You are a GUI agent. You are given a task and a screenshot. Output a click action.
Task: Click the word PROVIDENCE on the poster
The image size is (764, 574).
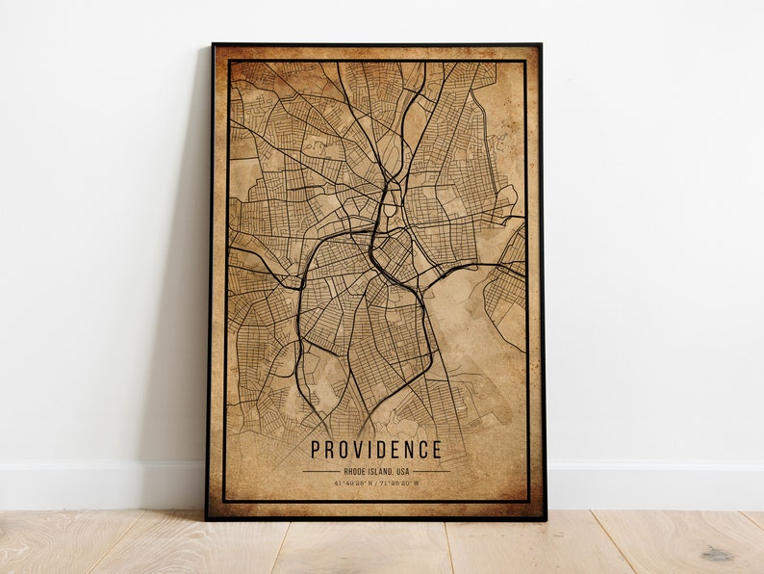376,450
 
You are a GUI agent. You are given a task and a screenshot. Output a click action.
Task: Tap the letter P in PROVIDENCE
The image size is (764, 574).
316,450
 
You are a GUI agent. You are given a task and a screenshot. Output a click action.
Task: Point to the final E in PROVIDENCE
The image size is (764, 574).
437,450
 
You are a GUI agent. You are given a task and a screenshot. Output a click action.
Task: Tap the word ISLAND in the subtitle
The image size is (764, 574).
381,472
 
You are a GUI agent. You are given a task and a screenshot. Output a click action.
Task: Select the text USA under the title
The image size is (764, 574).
402,472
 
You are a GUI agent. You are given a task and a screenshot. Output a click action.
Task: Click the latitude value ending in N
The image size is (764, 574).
354,484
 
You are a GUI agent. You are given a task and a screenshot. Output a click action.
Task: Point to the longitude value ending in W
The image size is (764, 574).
397,484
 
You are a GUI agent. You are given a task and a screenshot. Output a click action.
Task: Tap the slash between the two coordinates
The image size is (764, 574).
376,484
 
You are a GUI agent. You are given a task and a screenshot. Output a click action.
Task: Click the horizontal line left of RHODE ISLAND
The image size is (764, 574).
320,472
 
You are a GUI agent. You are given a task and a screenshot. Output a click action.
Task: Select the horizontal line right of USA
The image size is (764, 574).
431,472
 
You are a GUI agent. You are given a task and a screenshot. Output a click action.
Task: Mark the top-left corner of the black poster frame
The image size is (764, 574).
214,44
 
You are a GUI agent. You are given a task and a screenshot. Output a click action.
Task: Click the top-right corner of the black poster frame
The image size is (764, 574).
541,44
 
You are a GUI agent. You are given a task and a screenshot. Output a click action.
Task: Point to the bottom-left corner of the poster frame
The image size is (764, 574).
207,518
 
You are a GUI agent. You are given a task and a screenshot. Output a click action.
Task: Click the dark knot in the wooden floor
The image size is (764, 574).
717,554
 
